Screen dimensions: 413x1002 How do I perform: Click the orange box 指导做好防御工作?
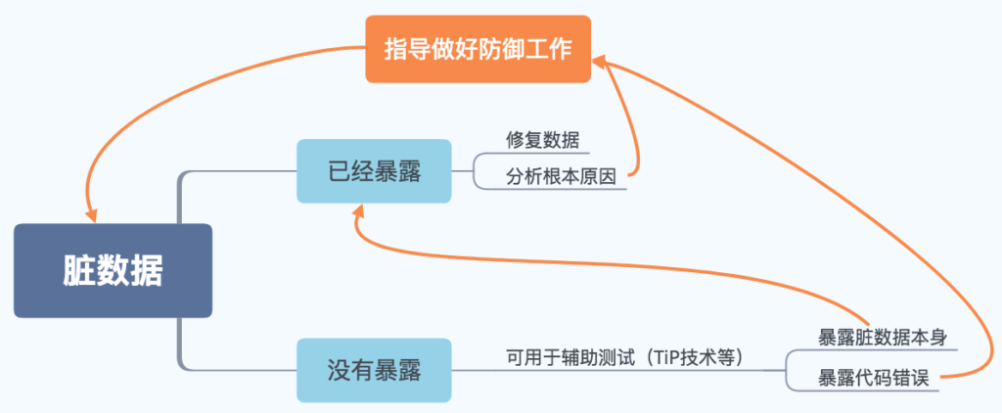click(x=478, y=49)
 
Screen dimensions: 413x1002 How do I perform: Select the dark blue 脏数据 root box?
click(x=113, y=271)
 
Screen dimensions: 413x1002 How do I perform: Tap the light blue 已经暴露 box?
click(x=375, y=170)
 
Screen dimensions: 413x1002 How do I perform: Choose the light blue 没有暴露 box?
click(x=375, y=371)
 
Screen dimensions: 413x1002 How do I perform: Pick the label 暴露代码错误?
click(x=864, y=377)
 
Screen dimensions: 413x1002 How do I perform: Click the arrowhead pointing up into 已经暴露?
click(x=359, y=210)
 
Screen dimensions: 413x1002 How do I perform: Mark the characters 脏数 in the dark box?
click(x=96, y=271)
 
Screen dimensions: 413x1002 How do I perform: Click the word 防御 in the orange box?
click(x=501, y=49)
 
